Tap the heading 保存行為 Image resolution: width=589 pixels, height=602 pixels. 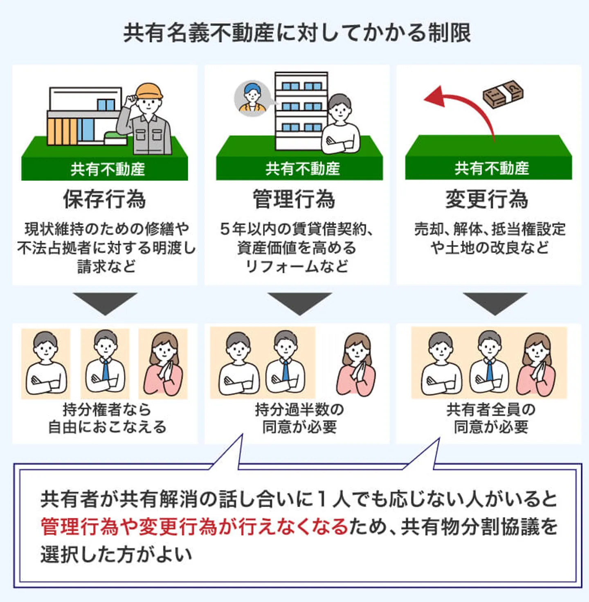point(104,199)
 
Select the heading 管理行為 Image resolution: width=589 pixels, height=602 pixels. point(294,199)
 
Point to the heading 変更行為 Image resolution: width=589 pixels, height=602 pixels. point(487,199)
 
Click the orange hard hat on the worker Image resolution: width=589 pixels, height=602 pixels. point(149,91)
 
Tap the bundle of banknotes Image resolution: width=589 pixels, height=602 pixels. point(503,94)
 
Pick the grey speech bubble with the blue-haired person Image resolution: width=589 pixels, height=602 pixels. point(252,98)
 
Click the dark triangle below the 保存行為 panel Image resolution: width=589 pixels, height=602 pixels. point(105,302)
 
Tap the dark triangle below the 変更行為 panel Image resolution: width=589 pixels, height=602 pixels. point(495,302)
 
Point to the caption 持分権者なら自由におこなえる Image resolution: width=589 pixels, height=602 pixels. point(107,418)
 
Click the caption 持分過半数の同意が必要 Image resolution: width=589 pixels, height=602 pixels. point(299,418)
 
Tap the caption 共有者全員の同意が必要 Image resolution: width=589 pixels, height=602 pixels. point(491,418)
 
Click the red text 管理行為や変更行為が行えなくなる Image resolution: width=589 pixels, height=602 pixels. point(194,527)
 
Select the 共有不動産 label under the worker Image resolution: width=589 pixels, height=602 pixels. point(108,169)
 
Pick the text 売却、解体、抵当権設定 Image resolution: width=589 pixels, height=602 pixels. point(490,229)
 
